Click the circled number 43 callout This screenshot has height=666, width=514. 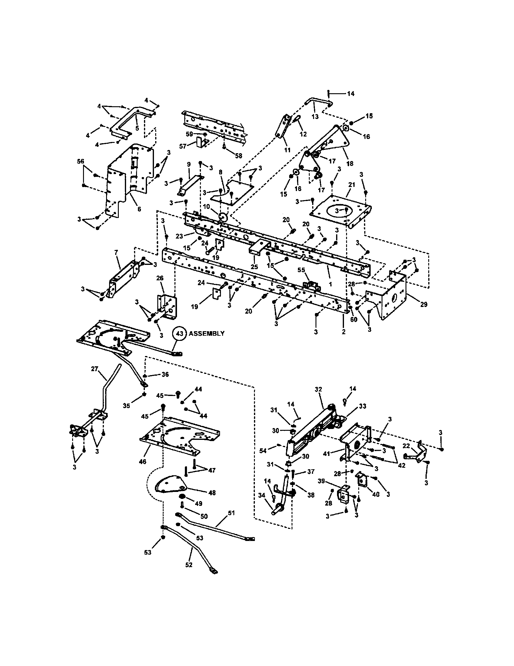(x=180, y=334)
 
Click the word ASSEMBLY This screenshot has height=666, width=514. (x=206, y=334)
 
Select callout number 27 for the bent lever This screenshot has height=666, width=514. (x=94, y=369)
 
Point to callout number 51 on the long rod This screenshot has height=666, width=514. (x=231, y=513)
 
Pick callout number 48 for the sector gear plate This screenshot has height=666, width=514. (x=212, y=493)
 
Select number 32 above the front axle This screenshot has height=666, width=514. (x=318, y=389)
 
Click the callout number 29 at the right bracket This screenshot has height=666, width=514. (x=424, y=304)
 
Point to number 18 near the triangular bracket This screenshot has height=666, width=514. (x=350, y=163)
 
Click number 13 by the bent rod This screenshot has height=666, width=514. (x=315, y=117)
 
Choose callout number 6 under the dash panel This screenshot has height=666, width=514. (x=139, y=209)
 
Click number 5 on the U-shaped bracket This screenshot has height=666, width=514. (x=137, y=128)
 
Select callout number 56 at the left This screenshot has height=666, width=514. (x=80, y=161)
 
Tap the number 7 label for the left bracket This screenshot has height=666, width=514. (x=116, y=252)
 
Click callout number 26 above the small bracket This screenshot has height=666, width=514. (x=160, y=278)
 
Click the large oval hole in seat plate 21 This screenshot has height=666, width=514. (x=337, y=211)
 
